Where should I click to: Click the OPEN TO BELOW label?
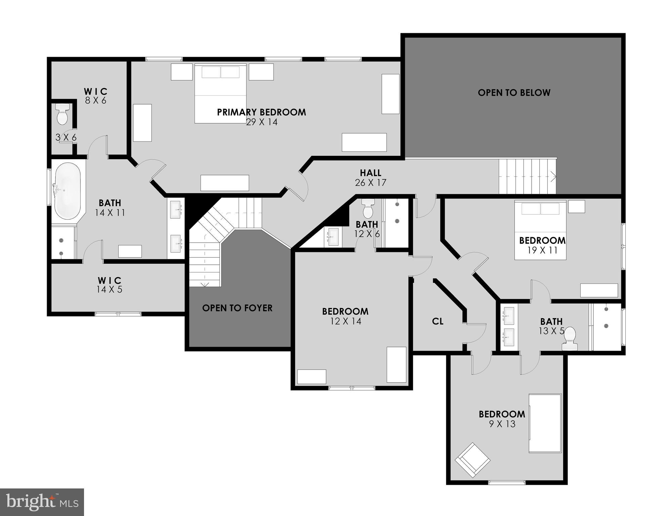pos(514,93)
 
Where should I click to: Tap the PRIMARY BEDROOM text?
pos(261,112)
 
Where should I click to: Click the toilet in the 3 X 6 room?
pos(62,114)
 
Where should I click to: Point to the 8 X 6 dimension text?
pos(95,100)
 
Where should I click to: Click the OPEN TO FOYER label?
pos(237,308)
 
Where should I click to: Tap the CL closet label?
pos(438,321)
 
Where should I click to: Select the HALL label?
pos(370,173)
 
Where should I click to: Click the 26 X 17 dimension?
pos(370,183)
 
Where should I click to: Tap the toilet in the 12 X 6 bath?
pos(368,209)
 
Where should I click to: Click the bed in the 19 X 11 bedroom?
pos(540,230)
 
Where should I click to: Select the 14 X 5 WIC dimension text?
pos(110,290)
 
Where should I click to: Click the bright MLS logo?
pos(42,502)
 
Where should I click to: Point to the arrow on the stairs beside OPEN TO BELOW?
pos(552,176)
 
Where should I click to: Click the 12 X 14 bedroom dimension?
pos(345,321)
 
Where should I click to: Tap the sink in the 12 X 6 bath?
pos(333,236)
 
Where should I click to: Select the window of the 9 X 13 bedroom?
pos(506,482)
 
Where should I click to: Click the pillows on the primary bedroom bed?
pos(220,72)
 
